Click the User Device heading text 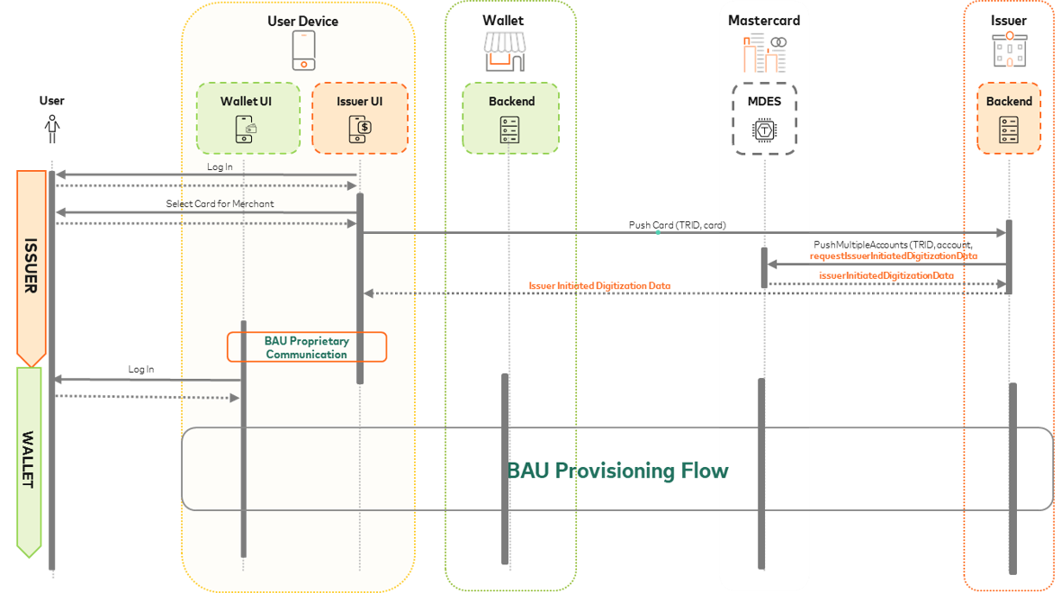pos(303,21)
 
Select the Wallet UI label pos(246,102)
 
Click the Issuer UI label pos(359,102)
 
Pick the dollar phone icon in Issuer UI pos(359,130)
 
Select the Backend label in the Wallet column pos(511,102)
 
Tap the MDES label pos(765,102)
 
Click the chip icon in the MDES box pos(765,130)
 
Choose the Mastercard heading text pos(764,21)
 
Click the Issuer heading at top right pos(1008,21)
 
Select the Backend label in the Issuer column pos(1009,102)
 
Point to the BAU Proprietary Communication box pos(306,347)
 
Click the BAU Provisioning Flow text pos(617,471)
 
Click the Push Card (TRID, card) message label pos(677,224)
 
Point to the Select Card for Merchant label pos(220,204)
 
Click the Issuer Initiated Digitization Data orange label pos(599,286)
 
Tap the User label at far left pos(51,101)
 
